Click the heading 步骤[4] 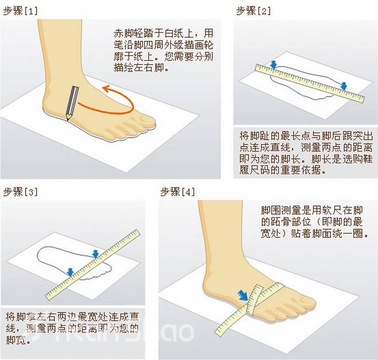click(x=177, y=191)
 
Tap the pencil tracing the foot click(x=72, y=104)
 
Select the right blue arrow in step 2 click(x=343, y=86)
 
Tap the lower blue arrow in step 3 click(x=70, y=271)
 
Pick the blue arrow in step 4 click(x=244, y=295)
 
